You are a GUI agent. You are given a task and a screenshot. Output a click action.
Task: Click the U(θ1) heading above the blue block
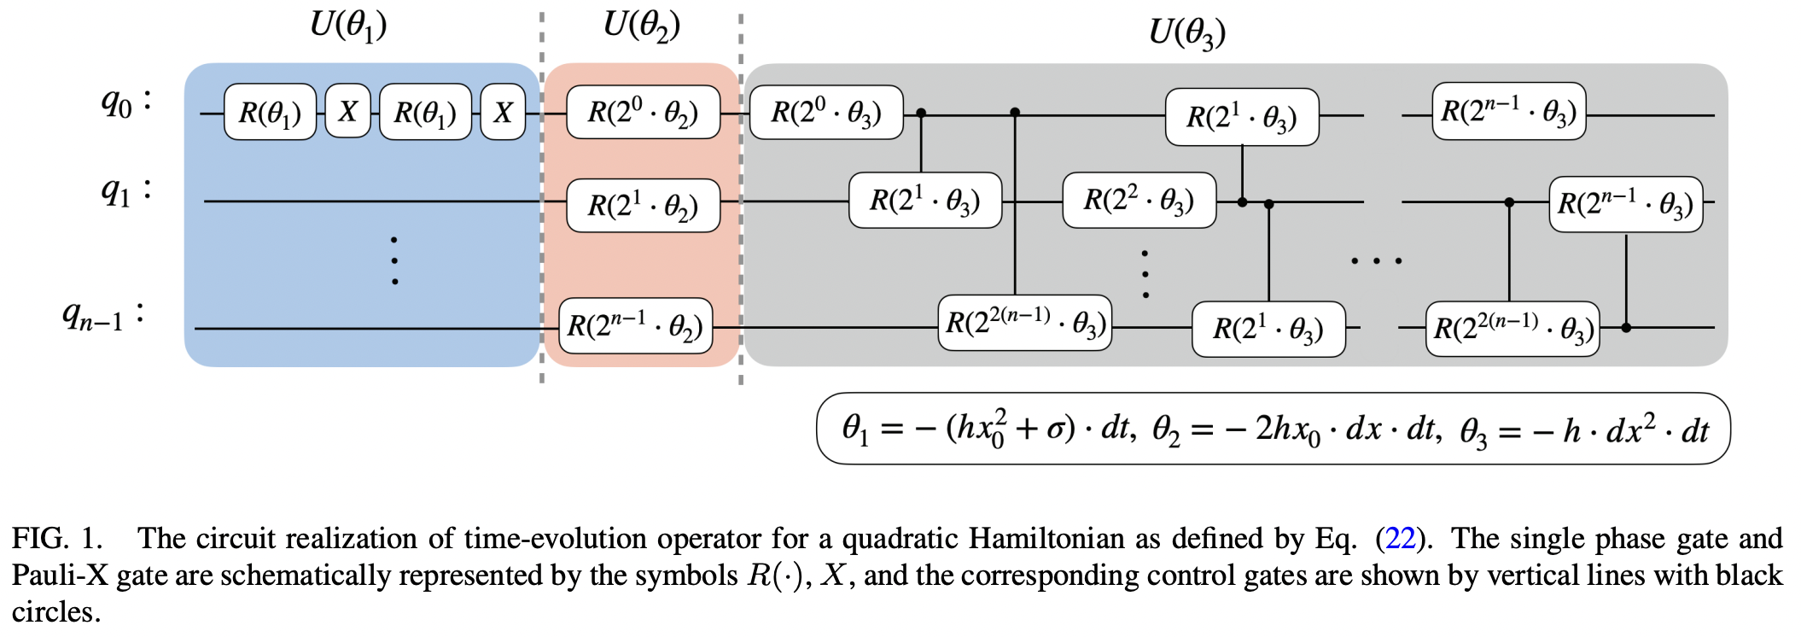(x=348, y=26)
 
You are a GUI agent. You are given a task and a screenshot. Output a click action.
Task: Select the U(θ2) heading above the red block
(x=642, y=26)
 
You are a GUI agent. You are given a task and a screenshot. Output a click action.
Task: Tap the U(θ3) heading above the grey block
(x=1187, y=33)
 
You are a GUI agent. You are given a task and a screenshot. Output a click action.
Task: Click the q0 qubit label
(x=125, y=102)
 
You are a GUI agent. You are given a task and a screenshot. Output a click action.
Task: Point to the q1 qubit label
(x=125, y=190)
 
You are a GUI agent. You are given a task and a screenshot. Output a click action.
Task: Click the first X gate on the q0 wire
(x=347, y=112)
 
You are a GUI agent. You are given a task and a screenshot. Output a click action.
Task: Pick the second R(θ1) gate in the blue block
(x=425, y=112)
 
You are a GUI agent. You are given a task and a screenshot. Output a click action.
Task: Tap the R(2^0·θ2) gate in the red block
(x=643, y=112)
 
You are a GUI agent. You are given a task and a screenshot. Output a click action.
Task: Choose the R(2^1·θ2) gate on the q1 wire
(x=643, y=205)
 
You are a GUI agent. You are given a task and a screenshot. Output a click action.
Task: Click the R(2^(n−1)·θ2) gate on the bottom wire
(x=635, y=325)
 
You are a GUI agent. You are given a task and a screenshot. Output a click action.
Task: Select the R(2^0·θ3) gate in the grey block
(x=825, y=112)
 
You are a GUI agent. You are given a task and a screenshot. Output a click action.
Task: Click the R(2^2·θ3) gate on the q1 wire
(x=1139, y=201)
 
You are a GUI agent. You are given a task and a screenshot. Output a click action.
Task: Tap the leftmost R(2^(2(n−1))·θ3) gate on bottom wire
(x=1025, y=323)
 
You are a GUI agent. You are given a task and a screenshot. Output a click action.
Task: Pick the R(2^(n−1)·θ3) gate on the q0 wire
(x=1508, y=111)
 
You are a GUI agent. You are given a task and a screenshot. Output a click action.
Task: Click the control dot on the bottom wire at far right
(x=1626, y=328)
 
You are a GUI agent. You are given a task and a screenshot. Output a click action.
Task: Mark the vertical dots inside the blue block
(x=394, y=260)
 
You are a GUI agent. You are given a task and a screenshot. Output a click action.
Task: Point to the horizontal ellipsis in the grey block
(x=1376, y=260)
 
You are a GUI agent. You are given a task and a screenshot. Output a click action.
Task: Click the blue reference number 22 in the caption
(x=1401, y=538)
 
